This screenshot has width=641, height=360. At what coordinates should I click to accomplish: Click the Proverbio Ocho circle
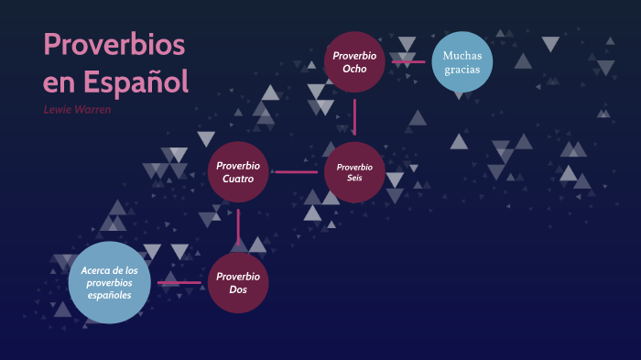point(354,61)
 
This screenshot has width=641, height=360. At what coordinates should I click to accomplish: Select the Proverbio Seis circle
point(354,172)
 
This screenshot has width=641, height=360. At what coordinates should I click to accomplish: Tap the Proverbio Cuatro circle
point(238,172)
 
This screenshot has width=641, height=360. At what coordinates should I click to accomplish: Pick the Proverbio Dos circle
point(238,283)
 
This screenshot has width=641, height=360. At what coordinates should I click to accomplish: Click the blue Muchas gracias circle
point(462,62)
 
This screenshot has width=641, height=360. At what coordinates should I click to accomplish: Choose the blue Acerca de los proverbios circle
point(109,283)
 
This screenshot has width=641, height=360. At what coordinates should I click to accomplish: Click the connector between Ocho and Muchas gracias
point(407,62)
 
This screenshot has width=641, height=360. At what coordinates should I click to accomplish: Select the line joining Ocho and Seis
point(354,116)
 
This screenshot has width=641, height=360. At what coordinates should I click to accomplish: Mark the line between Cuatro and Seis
point(296,171)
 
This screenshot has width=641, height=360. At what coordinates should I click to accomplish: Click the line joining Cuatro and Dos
point(238,227)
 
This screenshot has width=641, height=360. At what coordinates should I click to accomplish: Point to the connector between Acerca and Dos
point(179,283)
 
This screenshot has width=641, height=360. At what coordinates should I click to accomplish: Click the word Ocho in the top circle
point(354,69)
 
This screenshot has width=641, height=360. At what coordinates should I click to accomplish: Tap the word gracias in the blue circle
point(462,70)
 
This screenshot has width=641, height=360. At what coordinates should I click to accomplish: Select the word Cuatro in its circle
point(238,180)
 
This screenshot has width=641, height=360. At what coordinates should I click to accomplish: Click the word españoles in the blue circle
point(109,296)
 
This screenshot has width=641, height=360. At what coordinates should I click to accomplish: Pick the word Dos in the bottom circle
point(238,290)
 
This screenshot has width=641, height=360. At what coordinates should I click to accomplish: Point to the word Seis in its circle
point(354,178)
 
